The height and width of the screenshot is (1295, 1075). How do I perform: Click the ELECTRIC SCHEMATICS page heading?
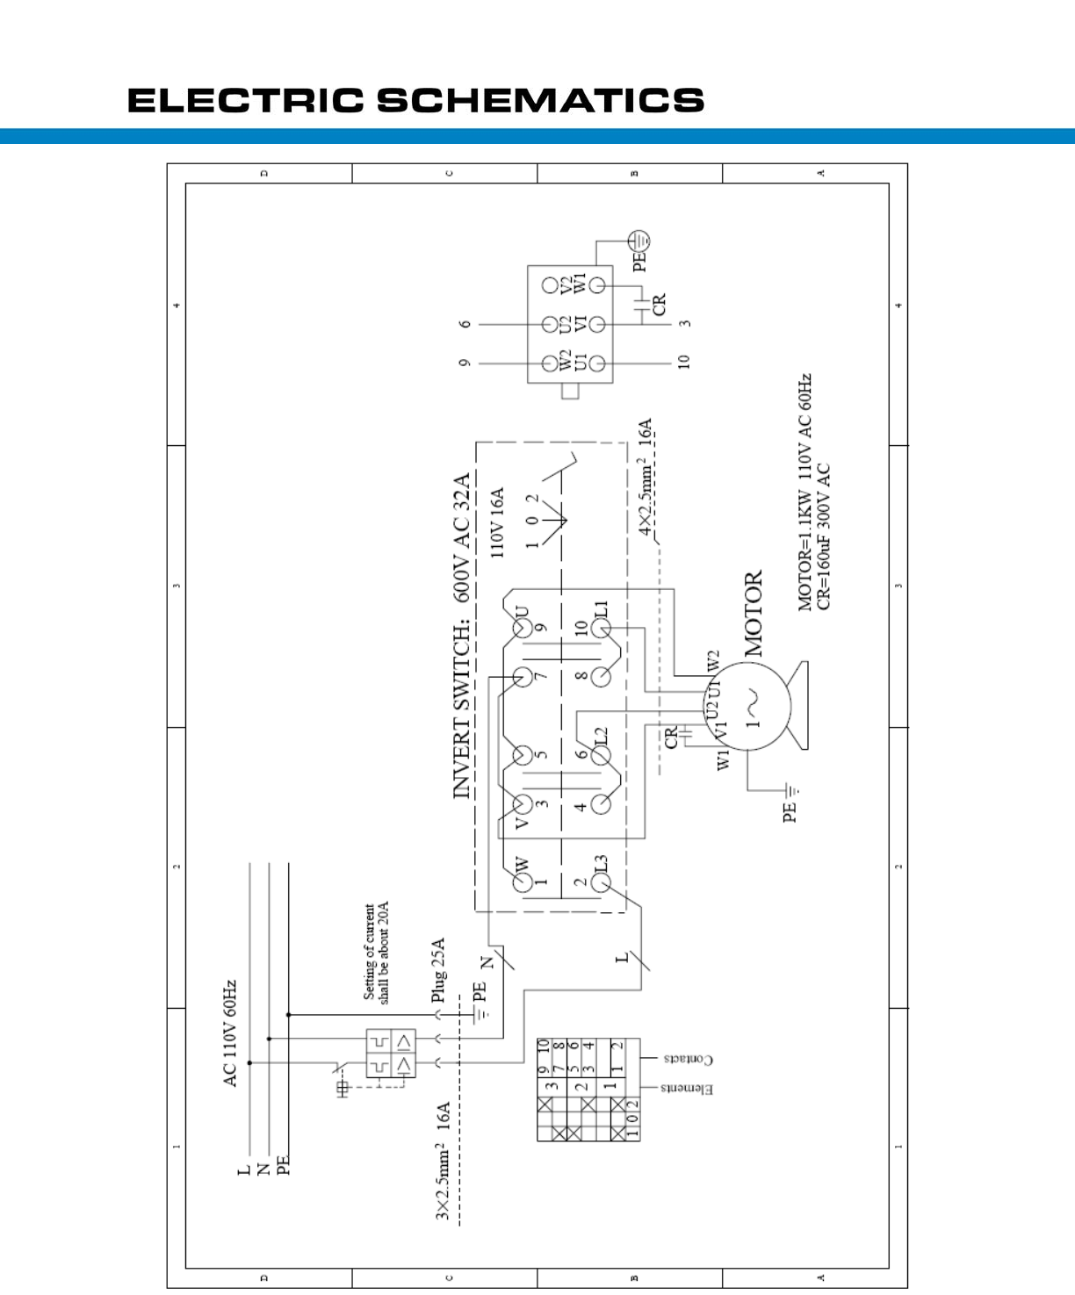pyautogui.click(x=415, y=100)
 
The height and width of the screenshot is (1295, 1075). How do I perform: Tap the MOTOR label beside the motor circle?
pyautogui.click(x=754, y=614)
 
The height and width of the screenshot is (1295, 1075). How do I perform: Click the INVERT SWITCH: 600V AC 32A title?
pyautogui.click(x=462, y=636)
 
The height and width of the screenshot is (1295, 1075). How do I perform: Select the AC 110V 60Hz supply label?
pyautogui.click(x=231, y=1033)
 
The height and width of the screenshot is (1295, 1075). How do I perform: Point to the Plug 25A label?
pyautogui.click(x=439, y=970)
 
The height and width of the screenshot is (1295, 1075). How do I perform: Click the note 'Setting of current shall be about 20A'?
pyautogui.click(x=376, y=953)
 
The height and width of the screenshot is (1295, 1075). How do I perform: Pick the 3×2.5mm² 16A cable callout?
pyautogui.click(x=444, y=1161)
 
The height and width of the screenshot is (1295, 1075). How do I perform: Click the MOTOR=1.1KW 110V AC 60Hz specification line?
pyautogui.click(x=804, y=492)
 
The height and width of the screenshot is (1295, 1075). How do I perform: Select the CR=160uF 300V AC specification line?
pyautogui.click(x=824, y=536)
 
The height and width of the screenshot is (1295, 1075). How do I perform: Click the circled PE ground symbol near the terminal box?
pyautogui.click(x=640, y=240)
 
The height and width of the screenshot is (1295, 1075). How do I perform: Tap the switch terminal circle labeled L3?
pyautogui.click(x=602, y=883)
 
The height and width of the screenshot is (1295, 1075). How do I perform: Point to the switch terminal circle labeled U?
pyautogui.click(x=523, y=629)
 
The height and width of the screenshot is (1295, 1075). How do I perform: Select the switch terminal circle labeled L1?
pyautogui.click(x=602, y=629)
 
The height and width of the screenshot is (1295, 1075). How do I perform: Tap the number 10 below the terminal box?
pyautogui.click(x=684, y=362)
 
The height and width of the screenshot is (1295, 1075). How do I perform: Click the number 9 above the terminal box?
pyautogui.click(x=465, y=363)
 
